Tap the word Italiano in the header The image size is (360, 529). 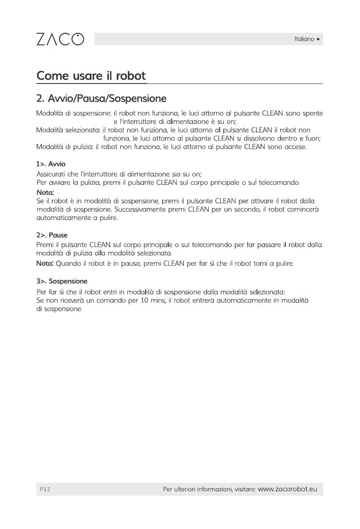[304, 39]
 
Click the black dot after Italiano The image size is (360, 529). [318, 39]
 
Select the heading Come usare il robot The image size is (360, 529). [91, 76]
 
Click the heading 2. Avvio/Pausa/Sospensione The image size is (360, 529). [101, 98]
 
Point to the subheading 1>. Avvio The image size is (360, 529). [51, 164]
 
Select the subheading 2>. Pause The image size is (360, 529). [51, 235]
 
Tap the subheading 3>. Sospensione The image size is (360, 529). [62, 281]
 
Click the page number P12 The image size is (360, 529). [44, 489]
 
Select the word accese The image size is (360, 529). [295, 147]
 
